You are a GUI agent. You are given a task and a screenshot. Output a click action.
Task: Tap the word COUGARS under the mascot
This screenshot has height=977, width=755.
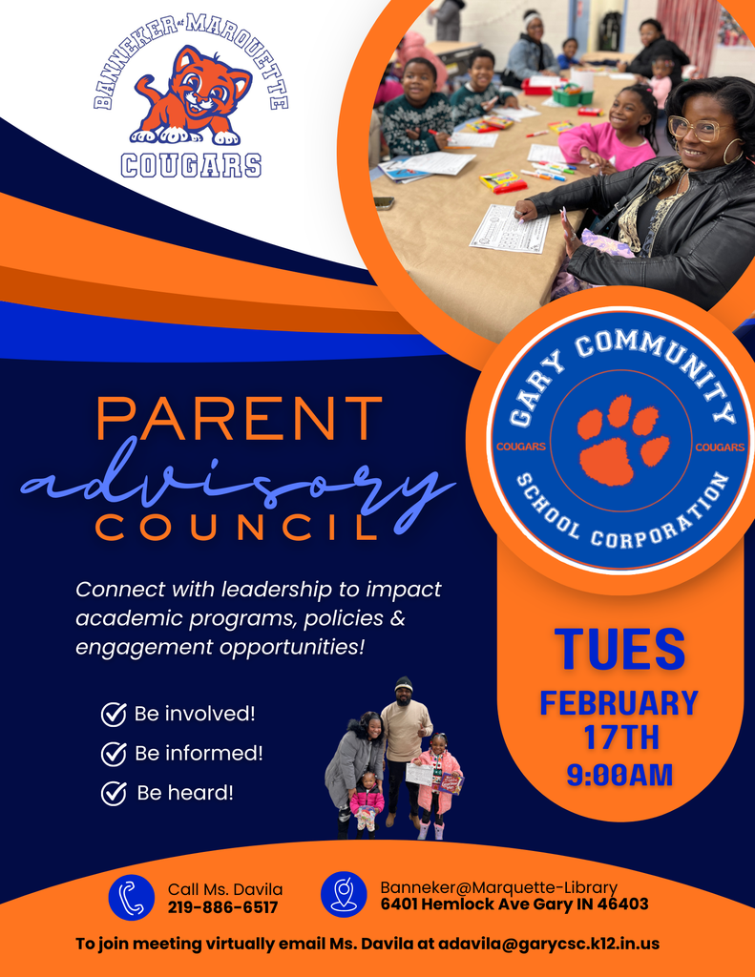click(x=191, y=165)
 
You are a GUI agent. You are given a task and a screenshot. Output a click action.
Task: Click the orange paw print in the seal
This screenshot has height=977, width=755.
click(x=619, y=440)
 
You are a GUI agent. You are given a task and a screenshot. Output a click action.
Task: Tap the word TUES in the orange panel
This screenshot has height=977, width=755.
click(x=620, y=649)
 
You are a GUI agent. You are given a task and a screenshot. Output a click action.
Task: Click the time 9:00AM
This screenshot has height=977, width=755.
click(x=620, y=774)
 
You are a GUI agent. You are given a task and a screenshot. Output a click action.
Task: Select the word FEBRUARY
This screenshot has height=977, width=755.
click(x=619, y=704)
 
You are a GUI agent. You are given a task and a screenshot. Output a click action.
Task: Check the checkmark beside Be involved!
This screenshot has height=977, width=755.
click(x=114, y=715)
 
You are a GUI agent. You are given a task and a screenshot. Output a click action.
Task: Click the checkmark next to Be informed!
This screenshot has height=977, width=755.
click(x=114, y=754)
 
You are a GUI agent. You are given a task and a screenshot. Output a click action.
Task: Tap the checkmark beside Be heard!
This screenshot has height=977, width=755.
click(x=114, y=793)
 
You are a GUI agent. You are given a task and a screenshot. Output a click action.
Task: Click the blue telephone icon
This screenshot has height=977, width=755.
click(x=132, y=898)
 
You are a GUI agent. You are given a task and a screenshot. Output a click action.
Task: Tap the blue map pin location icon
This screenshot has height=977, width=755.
click(x=344, y=895)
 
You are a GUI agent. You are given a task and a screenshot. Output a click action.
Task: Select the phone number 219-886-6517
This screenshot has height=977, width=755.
click(x=222, y=907)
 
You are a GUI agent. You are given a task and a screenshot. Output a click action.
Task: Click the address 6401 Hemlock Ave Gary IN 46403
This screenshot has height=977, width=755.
click(x=514, y=904)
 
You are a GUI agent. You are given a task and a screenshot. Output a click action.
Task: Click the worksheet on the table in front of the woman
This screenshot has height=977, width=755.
click(x=510, y=228)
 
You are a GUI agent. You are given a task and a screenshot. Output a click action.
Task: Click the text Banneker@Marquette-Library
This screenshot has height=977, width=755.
click(x=498, y=886)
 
